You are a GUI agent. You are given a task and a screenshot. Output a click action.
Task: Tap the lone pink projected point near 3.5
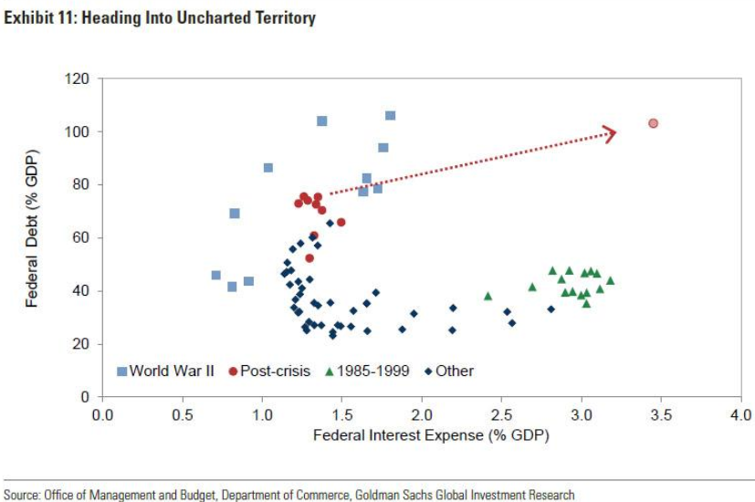(653, 123)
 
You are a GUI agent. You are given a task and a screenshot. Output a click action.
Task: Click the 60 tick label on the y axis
(81, 238)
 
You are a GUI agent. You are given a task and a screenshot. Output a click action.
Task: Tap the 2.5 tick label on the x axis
(501, 416)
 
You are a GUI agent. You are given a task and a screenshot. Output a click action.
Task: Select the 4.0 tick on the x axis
(740, 416)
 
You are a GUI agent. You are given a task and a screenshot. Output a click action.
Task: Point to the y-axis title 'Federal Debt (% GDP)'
(32, 237)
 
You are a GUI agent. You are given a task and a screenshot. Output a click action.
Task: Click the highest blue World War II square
(390, 116)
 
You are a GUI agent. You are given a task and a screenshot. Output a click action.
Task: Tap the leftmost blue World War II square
(216, 275)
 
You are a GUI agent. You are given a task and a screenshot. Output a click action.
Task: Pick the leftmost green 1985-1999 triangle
(488, 296)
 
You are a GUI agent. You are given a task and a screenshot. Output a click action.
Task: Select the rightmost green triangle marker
(610, 280)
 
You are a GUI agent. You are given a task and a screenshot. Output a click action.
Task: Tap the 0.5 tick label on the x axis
(182, 416)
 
